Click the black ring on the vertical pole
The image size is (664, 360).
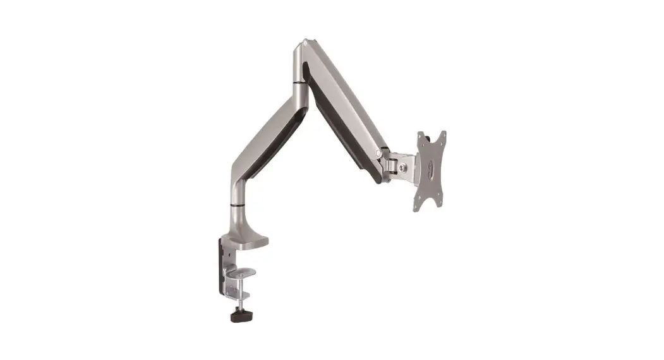(x=236, y=206)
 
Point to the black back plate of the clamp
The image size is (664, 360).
(x=223, y=265)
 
